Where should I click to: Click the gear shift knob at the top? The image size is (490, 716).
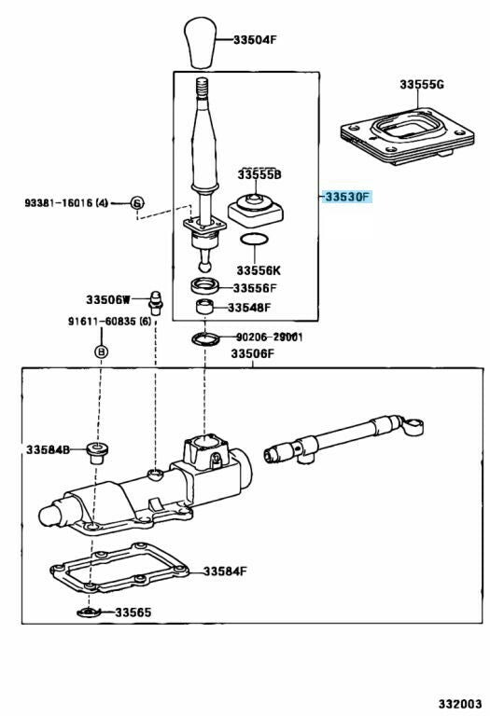(x=200, y=42)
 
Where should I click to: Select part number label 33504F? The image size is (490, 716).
(x=255, y=40)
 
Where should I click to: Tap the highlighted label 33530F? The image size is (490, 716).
(x=347, y=198)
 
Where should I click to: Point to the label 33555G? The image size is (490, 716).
(x=422, y=85)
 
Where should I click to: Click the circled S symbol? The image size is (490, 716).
(x=137, y=202)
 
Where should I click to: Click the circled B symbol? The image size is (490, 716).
(x=102, y=351)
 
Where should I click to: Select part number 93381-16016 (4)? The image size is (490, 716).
(x=66, y=202)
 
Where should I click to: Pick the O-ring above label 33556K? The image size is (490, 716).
(x=254, y=240)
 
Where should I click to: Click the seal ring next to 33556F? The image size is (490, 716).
(x=204, y=286)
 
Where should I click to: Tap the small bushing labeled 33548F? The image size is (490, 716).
(x=205, y=307)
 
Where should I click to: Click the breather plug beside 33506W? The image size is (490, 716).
(x=156, y=302)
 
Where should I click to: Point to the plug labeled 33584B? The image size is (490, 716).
(x=97, y=451)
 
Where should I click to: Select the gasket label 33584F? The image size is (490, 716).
(x=225, y=571)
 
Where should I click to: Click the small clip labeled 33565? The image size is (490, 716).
(x=89, y=612)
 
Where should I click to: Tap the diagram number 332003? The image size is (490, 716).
(x=461, y=704)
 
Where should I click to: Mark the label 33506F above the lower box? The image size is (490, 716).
(x=252, y=353)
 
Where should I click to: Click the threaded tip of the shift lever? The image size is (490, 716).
(x=203, y=89)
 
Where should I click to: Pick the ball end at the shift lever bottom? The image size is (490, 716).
(x=204, y=266)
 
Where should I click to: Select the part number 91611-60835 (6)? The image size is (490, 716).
(x=110, y=322)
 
